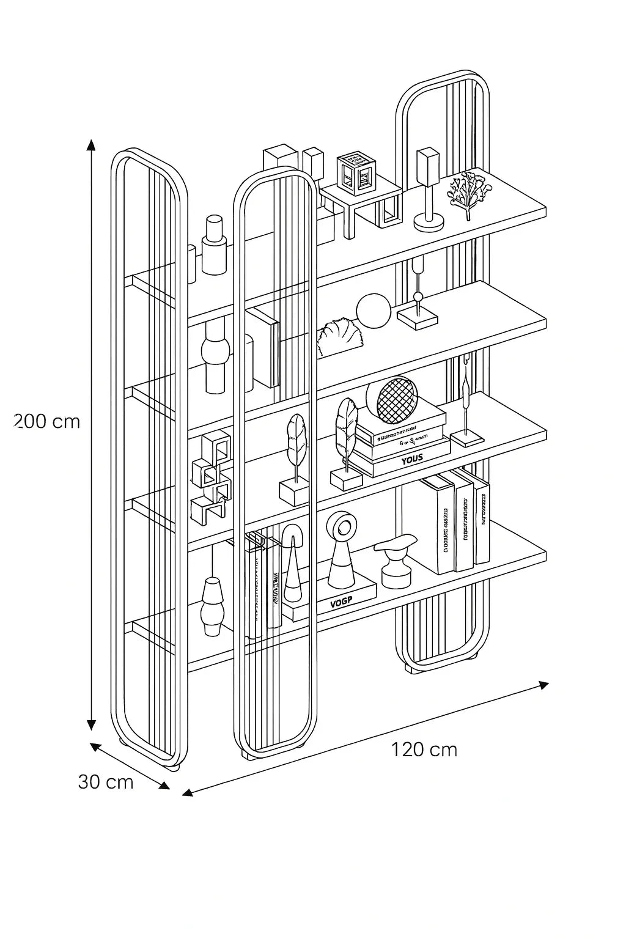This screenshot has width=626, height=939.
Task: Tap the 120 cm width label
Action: pos(424,749)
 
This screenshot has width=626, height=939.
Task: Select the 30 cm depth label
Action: pos(106,782)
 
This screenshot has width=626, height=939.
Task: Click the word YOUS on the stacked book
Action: pos(412,458)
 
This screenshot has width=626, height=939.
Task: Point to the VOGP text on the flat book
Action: pos(342,603)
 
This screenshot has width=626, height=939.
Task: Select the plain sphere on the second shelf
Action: pos(373,311)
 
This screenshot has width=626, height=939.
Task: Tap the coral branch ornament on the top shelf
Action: pos(467,193)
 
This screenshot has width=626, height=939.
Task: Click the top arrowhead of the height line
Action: pos(91,145)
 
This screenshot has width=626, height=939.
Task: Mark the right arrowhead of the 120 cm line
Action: pos(542,685)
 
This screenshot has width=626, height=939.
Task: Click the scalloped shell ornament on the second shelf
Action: pos(338,338)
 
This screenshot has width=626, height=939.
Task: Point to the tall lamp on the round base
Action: pos(428,190)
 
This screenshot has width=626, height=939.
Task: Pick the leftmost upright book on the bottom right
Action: pos(437,526)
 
